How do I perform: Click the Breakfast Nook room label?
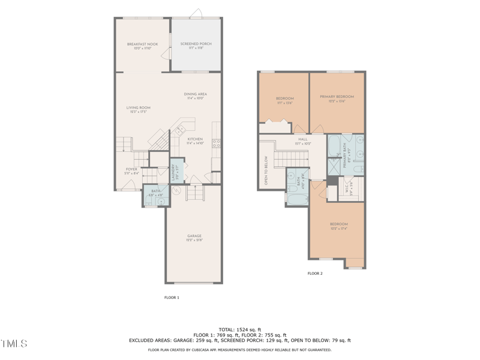[x=142, y=44]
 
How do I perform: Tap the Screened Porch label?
[x=196, y=44]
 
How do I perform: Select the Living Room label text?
[x=138, y=109]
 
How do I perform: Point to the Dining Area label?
[x=196, y=94]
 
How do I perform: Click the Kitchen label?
[x=196, y=140]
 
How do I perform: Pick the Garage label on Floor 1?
[x=194, y=236]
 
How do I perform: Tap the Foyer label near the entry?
[x=131, y=170]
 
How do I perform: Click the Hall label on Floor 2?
[x=302, y=140]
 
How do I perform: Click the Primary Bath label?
[x=346, y=155]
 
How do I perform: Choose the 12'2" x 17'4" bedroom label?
[x=338, y=226]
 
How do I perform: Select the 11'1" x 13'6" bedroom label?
[x=284, y=99]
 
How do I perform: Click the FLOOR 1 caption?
[x=172, y=298]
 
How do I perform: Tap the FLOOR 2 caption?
[x=315, y=274]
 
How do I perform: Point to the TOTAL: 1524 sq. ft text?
[x=240, y=329]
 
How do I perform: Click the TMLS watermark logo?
[x=14, y=344]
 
